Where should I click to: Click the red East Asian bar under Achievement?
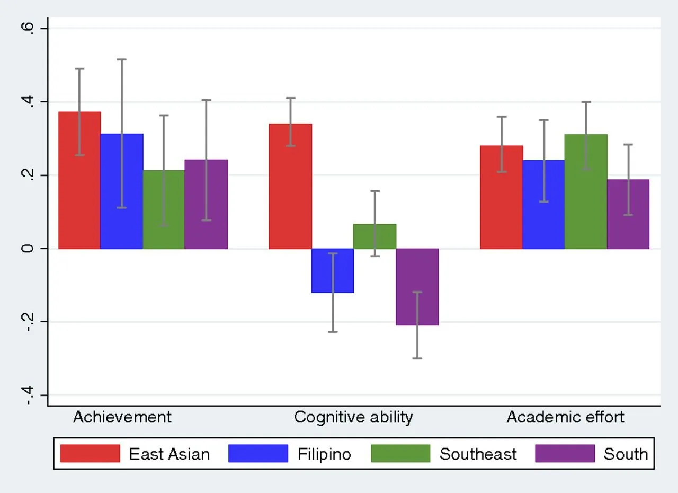[79, 180]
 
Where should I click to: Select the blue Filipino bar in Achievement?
[122, 191]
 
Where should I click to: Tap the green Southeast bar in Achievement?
[164, 209]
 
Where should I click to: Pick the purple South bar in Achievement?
[206, 204]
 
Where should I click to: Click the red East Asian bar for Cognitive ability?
[290, 186]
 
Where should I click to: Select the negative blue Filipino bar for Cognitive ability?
[333, 270]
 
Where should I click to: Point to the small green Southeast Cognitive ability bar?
[374, 236]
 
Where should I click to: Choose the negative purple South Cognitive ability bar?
[417, 287]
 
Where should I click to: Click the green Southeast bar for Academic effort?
[586, 191]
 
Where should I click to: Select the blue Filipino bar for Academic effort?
[543, 204]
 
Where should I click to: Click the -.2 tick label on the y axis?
[29, 322]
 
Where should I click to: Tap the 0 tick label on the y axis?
[29, 249]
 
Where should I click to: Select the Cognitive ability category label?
[353, 417]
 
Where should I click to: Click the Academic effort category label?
[565, 417]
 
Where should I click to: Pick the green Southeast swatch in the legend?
[400, 454]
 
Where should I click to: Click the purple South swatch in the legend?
[565, 454]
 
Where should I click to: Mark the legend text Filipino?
[324, 454]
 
